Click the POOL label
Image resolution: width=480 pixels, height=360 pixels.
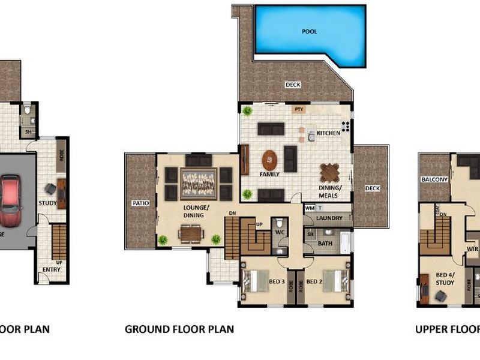(310, 31)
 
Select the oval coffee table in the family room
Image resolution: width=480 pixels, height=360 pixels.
(270, 159)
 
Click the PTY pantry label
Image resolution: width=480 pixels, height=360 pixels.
(298, 109)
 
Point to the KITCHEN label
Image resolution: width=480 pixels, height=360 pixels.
(328, 132)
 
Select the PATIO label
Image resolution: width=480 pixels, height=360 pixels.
(140, 203)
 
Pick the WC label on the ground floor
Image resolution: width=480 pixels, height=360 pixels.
(279, 231)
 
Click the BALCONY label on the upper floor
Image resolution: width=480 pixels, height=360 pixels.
(434, 179)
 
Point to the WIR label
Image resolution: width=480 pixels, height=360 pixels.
(472, 248)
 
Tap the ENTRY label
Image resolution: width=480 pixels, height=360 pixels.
(50, 269)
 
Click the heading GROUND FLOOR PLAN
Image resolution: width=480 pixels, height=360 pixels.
(179, 329)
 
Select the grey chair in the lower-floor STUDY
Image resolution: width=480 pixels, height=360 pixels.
(50, 189)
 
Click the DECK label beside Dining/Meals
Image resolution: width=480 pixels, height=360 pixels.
(372, 188)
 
